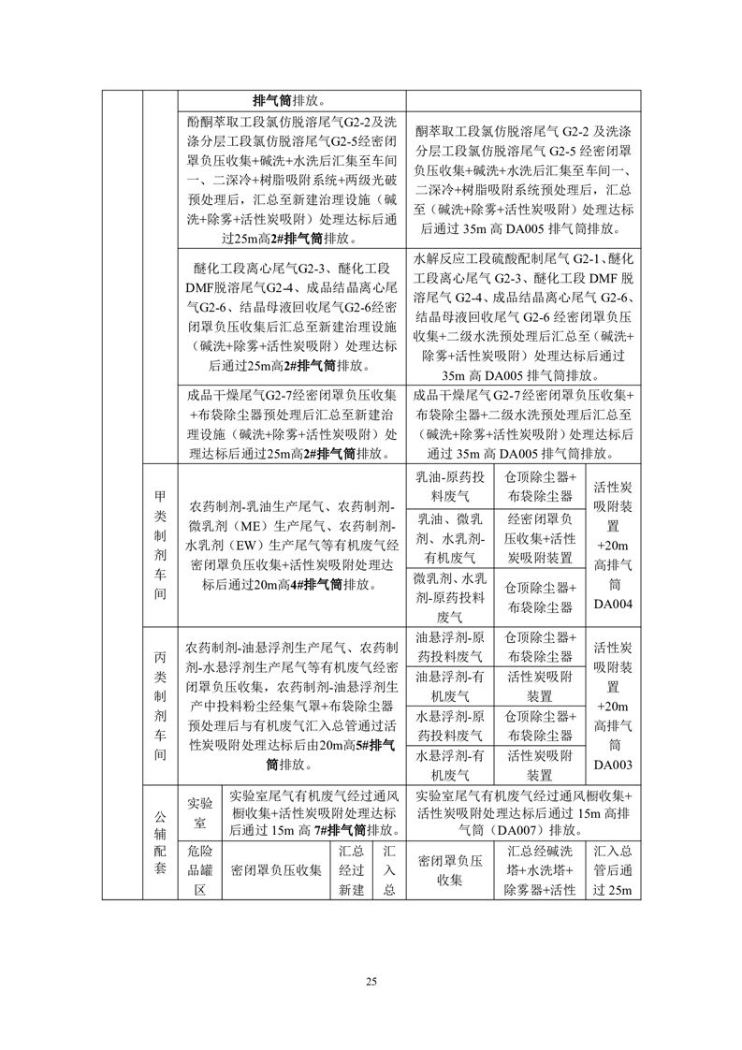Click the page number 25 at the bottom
(x=371, y=981)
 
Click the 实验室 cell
(x=198, y=812)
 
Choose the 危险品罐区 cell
(x=198, y=870)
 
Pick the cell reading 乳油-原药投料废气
(x=451, y=487)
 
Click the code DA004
(x=614, y=605)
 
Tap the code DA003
(x=614, y=765)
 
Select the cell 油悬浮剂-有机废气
(x=451, y=686)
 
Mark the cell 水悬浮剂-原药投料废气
(x=451, y=726)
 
